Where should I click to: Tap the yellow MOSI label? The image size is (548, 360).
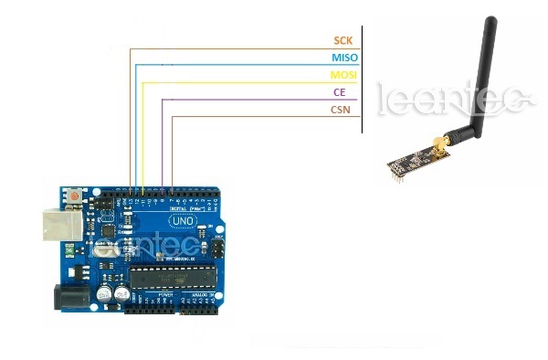pyautogui.click(x=343, y=76)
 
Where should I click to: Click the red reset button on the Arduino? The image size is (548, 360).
pyautogui.click(x=72, y=195)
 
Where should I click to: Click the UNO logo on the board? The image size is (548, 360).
pyautogui.click(x=182, y=221)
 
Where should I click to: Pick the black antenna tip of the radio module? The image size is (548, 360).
pyautogui.click(x=490, y=22)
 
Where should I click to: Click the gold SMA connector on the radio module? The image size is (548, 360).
pyautogui.click(x=439, y=143)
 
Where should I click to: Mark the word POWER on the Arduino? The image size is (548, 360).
pyautogui.click(x=165, y=296)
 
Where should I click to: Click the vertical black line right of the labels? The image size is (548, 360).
pyautogui.click(x=363, y=78)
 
